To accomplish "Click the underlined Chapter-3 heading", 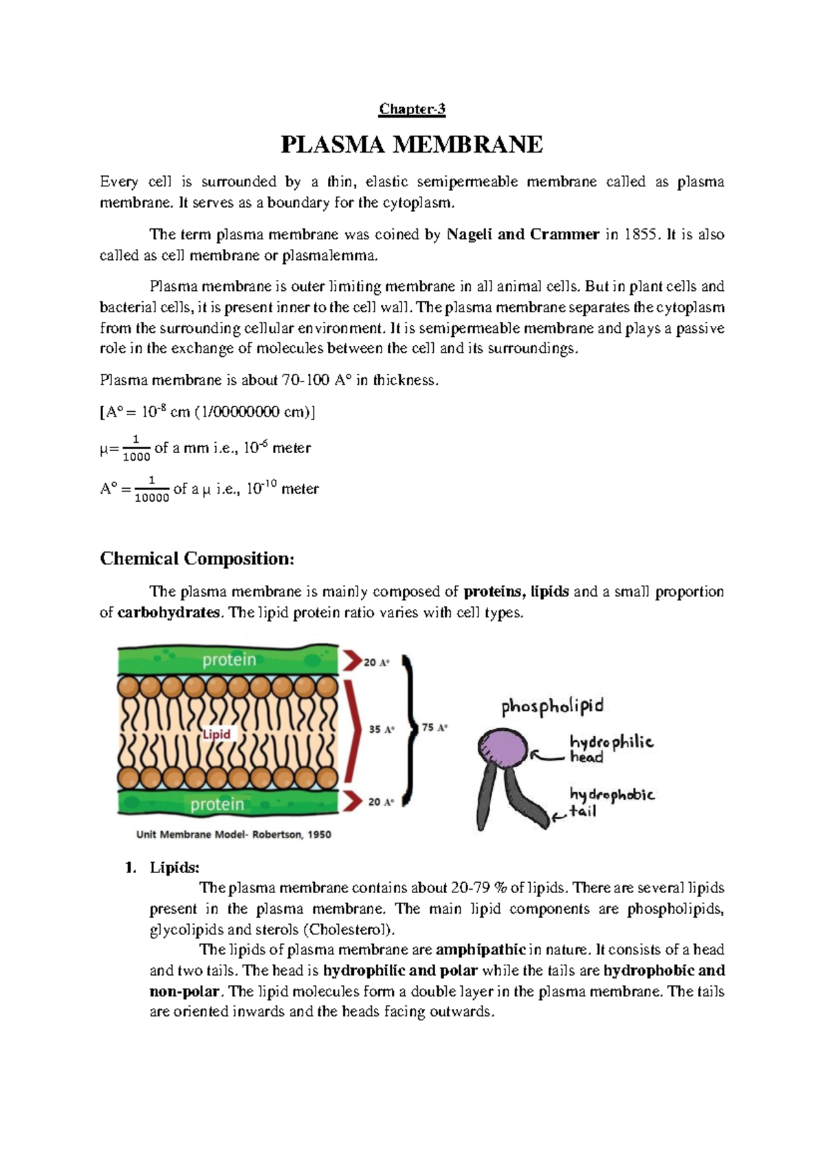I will pos(412,109).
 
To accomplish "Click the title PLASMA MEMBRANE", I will pos(412,145).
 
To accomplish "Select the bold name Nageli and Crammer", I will pos(522,234).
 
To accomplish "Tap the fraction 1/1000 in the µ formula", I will pos(136,448).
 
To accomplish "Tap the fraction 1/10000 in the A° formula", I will pos(151,489).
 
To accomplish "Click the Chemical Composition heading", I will pos(197,558).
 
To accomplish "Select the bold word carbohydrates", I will pos(169,613).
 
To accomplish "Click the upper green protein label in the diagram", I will pos(229,660).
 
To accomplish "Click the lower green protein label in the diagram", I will pos(217,804).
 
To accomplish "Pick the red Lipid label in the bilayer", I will pos(217,734).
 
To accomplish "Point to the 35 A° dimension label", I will pos(382,729).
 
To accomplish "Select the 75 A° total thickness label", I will pos(434,727).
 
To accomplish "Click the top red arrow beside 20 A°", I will pos(352,661).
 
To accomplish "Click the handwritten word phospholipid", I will pos(552,706).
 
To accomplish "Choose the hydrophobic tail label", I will pos(611,802).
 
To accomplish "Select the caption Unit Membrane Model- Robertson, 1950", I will pos(234,835).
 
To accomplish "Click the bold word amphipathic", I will pos(481,950).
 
